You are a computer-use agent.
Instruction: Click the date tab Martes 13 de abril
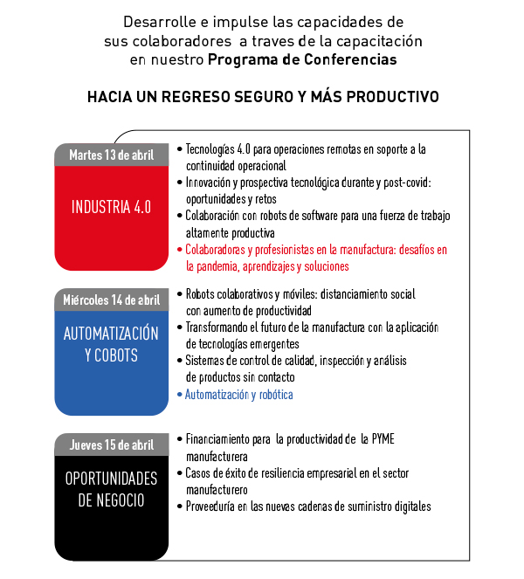click(x=111, y=155)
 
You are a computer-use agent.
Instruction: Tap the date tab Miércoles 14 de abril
click(x=111, y=300)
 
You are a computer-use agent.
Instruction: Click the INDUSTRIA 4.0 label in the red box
click(x=111, y=207)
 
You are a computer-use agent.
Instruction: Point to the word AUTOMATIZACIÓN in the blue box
click(x=111, y=334)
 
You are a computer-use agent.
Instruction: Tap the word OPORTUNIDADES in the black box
click(x=111, y=479)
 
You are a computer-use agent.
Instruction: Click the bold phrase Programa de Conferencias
click(x=302, y=59)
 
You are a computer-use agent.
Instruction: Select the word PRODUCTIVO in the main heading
click(x=390, y=96)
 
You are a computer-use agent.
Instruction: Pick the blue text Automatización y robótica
click(x=239, y=395)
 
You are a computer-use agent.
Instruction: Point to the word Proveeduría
click(x=212, y=506)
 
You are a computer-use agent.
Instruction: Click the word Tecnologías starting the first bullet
click(x=213, y=149)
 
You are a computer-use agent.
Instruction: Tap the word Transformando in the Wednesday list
click(x=220, y=327)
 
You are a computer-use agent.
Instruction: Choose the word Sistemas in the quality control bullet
click(x=203, y=361)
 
